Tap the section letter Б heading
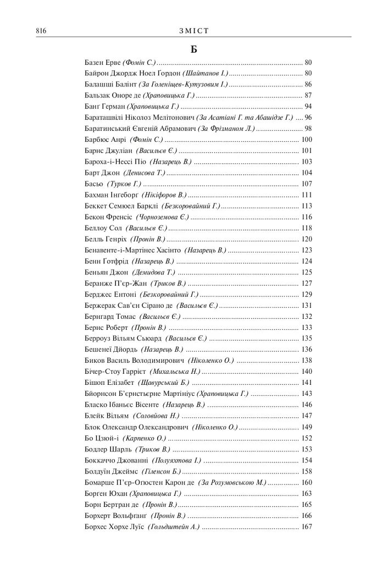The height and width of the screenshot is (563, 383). [x=194, y=49]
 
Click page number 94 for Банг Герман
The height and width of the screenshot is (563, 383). [x=308, y=106]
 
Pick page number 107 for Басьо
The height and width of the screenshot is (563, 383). [x=307, y=184]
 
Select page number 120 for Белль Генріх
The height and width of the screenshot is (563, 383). [x=307, y=239]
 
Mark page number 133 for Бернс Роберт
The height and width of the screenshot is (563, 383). [x=307, y=328]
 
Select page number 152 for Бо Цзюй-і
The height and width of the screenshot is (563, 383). [x=307, y=438]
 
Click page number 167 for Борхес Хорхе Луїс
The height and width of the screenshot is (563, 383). [x=307, y=527]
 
